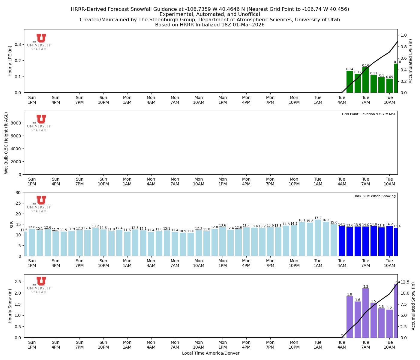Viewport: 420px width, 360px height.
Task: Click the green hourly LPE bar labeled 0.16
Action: (365, 80)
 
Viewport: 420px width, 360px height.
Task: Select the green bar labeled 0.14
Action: (349, 82)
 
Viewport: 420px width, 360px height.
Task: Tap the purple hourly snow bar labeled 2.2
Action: (365, 313)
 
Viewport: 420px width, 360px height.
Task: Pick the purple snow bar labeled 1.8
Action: (349, 317)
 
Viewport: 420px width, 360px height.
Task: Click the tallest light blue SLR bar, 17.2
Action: (318, 238)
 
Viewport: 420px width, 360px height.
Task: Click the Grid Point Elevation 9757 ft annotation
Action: (369, 114)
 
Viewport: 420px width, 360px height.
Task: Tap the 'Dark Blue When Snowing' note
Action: (374, 196)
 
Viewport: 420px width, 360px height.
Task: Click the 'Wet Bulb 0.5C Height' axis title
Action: (6, 143)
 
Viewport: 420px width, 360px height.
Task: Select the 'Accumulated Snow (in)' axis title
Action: (413, 306)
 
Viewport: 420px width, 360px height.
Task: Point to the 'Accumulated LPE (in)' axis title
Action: (411, 61)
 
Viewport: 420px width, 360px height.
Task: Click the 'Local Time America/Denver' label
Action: (211, 353)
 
